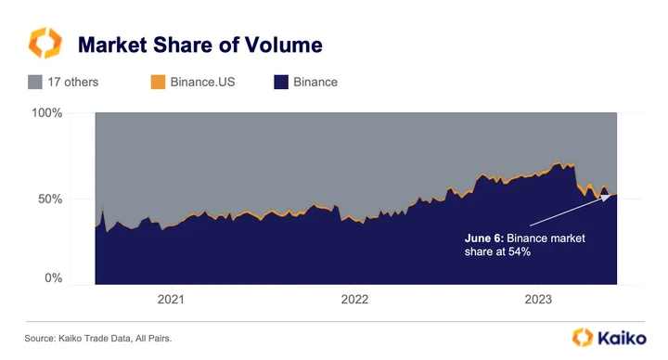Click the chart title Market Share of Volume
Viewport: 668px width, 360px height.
(x=200, y=45)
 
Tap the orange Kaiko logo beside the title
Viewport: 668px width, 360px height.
(x=45, y=43)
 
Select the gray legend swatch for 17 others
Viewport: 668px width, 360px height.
(x=35, y=82)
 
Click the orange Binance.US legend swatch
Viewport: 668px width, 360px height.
(x=158, y=82)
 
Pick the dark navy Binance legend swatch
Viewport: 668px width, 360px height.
(x=281, y=82)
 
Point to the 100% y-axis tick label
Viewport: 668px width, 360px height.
(x=47, y=113)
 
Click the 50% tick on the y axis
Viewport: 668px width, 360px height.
(x=50, y=199)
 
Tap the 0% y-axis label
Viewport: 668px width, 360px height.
(x=54, y=278)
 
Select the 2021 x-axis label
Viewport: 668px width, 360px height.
(x=171, y=299)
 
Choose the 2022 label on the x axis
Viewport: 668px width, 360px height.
(x=354, y=299)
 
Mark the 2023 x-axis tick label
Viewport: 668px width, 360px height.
(x=538, y=299)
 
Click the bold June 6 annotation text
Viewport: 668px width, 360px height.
(x=484, y=238)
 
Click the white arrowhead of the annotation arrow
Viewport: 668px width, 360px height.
(x=606, y=198)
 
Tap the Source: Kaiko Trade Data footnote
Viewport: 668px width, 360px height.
(x=98, y=339)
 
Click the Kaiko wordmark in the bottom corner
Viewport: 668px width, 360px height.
(x=622, y=339)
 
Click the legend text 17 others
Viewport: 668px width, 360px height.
(x=73, y=82)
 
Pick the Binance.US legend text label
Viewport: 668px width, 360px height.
(x=203, y=82)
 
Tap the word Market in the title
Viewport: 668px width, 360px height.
(x=113, y=45)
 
